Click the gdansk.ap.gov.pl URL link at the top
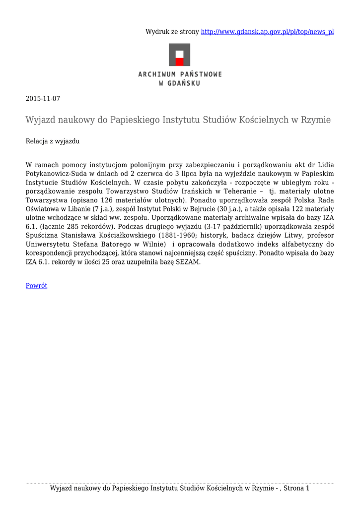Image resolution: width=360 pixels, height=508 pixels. click(267, 32)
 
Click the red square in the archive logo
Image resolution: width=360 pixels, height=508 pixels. click(180, 62)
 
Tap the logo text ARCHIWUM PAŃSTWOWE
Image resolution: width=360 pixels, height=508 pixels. click(180, 74)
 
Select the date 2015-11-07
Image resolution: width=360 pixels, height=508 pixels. click(43, 99)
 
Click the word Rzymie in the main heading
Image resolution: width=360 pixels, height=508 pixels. click(315, 120)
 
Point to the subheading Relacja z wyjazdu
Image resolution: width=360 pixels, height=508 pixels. click(53, 141)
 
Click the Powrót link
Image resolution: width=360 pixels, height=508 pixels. click(36, 286)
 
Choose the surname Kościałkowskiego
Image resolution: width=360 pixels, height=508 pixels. click(126, 236)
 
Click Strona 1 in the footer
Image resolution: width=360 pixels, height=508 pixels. click(296, 489)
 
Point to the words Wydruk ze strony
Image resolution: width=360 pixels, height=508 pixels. click(172, 32)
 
